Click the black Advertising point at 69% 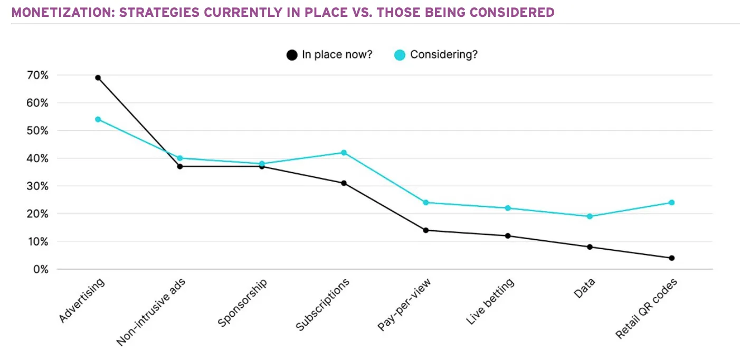coord(98,78)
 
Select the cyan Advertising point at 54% coord(98,119)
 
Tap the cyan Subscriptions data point coord(344,153)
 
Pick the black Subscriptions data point coord(344,183)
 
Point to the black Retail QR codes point coord(671,258)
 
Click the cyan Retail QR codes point coord(671,203)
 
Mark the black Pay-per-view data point coord(425,230)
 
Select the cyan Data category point coord(590,216)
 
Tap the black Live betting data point coord(508,236)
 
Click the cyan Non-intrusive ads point coord(179,158)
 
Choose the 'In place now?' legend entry coord(330,54)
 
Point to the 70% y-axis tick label coord(37,75)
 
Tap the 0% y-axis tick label coord(40,269)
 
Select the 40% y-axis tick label coord(37,158)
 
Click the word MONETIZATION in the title coord(58,12)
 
